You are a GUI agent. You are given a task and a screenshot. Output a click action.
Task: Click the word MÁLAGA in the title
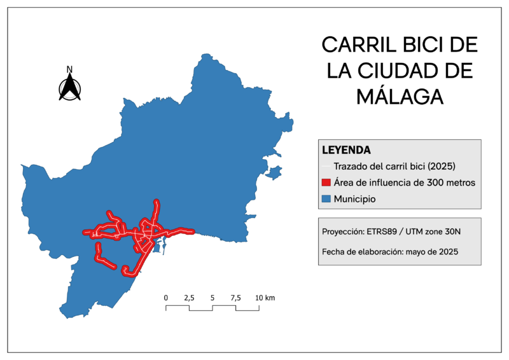pos(400,96)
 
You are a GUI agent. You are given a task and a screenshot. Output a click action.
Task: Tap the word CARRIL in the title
pos(358,45)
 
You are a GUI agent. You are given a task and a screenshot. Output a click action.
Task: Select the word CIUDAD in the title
pos(421,71)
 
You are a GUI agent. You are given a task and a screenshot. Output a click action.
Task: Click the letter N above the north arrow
pos(70,69)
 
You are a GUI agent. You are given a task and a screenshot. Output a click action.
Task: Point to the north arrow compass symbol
pos(70,88)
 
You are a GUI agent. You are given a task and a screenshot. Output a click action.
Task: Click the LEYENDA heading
pos(347,151)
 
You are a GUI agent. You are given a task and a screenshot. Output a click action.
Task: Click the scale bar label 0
pos(166,298)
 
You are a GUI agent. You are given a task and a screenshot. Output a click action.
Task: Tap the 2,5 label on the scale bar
pos(189,298)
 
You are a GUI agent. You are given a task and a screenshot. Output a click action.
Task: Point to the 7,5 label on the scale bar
pos(235,298)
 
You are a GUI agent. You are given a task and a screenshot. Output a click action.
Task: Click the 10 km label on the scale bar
pos(265,298)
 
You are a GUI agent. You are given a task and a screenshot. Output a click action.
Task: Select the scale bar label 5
pos(213,298)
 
